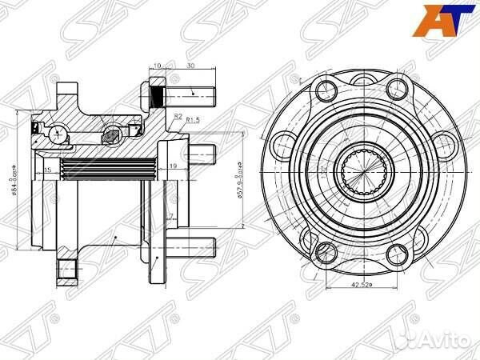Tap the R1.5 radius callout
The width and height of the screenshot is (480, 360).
[193, 120]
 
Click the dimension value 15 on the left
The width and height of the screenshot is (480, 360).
[48, 170]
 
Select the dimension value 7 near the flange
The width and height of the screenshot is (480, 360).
[171, 217]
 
